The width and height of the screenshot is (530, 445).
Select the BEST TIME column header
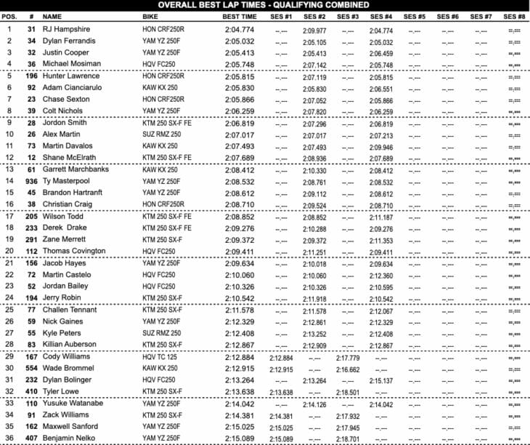click(x=239, y=15)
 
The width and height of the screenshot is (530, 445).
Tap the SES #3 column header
click(x=348, y=15)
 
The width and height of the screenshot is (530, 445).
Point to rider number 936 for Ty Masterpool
click(x=30, y=181)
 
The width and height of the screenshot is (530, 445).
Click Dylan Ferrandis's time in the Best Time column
click(x=239, y=41)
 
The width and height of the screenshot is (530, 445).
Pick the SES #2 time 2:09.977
click(x=314, y=30)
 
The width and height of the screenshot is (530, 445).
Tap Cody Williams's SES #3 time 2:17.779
click(x=348, y=357)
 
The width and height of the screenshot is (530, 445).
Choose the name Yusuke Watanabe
click(x=71, y=404)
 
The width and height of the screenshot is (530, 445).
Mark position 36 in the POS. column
click(x=9, y=439)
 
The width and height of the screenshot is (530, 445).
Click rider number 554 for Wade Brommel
click(x=30, y=369)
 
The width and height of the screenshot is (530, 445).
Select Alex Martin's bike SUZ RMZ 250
click(x=163, y=135)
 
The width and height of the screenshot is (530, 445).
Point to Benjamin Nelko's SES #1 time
click(x=280, y=439)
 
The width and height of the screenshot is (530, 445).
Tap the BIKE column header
click(x=151, y=15)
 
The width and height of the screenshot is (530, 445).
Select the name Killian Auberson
click(x=69, y=344)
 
